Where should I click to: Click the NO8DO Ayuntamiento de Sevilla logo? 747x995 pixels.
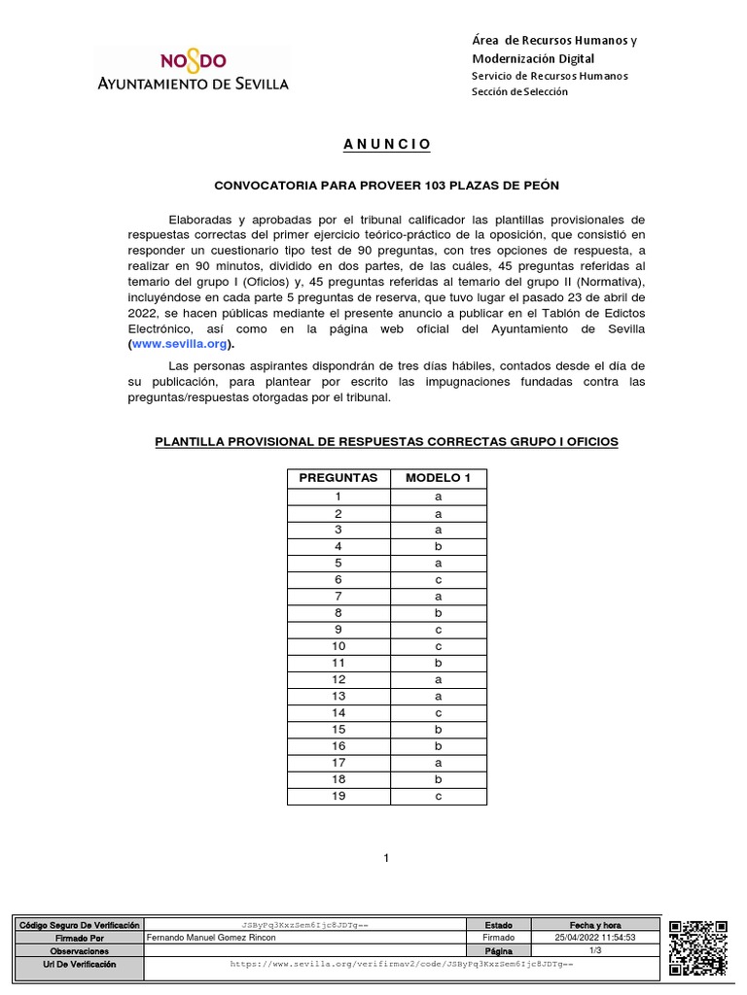pos(192,70)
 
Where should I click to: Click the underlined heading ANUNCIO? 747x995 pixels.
pos(386,144)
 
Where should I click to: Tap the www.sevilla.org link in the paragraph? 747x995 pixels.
pos(181,344)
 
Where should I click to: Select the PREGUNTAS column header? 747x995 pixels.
pos(338,478)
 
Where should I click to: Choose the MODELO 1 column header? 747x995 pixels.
pos(438,478)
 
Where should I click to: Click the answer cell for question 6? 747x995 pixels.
pos(438,578)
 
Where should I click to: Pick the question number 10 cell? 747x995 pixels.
pos(338,646)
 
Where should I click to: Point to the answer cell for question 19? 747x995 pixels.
pos(438,796)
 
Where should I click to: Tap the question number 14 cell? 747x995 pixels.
pos(338,712)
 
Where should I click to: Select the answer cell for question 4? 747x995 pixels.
pos(438,545)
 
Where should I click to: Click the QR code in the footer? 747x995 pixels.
pos(697,947)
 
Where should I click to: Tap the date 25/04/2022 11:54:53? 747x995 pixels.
pos(595,938)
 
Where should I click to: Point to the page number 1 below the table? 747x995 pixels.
pos(386,858)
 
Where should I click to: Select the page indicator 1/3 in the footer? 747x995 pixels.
pos(595,950)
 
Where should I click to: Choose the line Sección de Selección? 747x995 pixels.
pos(519,91)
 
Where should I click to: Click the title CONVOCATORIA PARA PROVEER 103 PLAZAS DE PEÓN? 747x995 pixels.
pos(386,185)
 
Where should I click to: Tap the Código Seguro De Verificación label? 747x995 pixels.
pos(80,925)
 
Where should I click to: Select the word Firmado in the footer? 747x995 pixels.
pos(498,938)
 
